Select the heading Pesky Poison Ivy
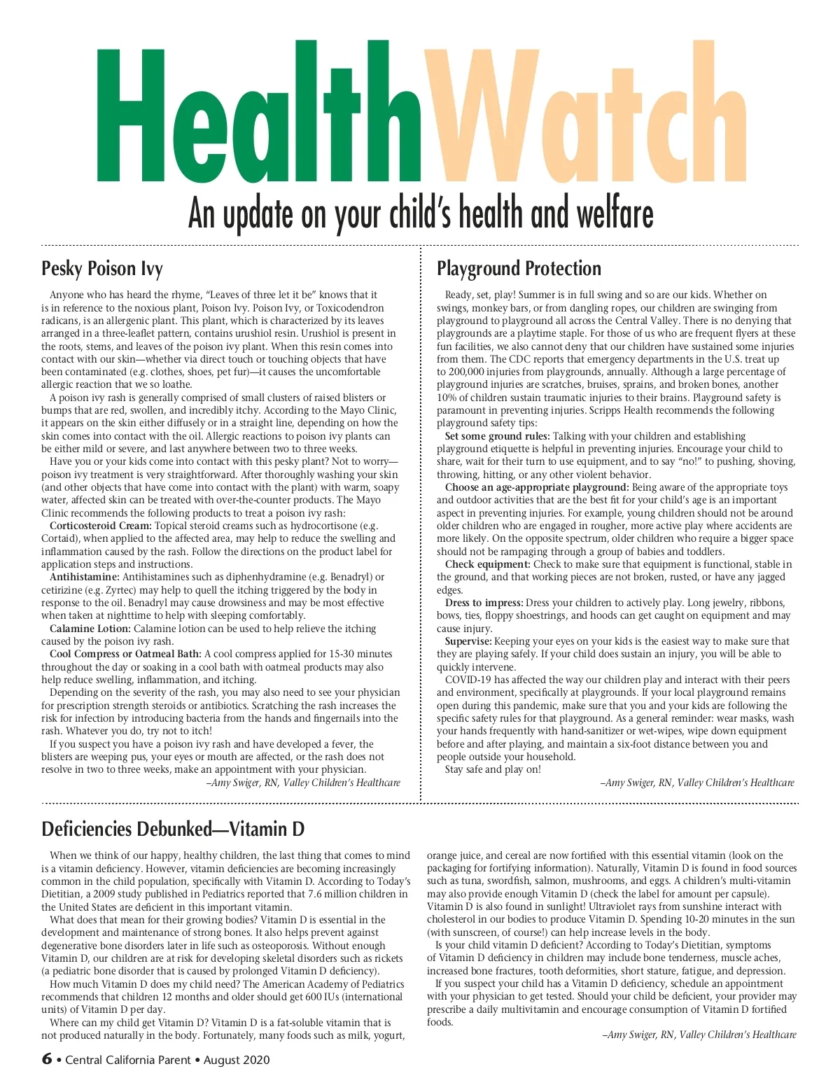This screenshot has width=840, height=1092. tap(102, 269)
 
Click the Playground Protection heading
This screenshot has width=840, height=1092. tap(519, 269)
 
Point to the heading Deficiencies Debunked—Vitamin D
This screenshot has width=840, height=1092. tap(173, 829)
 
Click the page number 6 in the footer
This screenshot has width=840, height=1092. tap(47, 1059)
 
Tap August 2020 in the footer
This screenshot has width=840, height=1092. tap(237, 1060)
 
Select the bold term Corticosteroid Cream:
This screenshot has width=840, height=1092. tap(101, 526)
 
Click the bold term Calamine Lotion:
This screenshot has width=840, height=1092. tap(90, 629)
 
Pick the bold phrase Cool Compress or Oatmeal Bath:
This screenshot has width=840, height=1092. tap(125, 654)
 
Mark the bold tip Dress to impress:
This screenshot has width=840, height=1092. tap(484, 603)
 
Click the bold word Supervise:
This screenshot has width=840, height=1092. tap(468, 641)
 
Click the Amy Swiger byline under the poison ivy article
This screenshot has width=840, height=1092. tap(304, 783)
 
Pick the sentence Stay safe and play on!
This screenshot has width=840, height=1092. tap(493, 769)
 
